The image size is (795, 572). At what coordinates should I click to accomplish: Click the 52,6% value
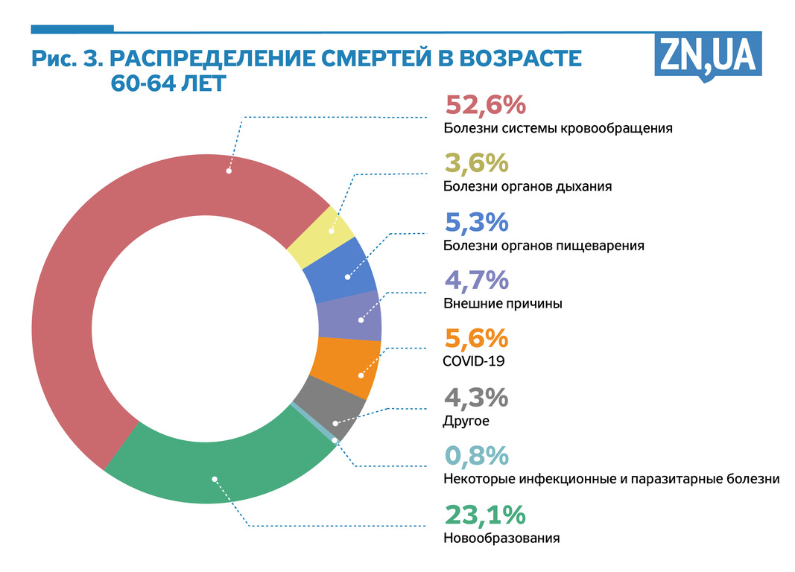(485, 106)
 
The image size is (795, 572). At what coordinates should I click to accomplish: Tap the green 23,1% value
(485, 515)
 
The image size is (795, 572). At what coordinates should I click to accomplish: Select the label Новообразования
(501, 538)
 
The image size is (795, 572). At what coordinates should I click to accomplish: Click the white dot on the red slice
(229, 171)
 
